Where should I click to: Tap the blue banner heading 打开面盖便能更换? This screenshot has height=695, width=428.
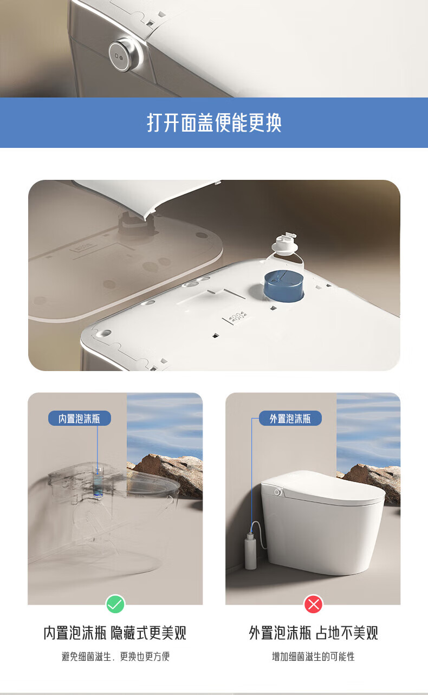(214, 123)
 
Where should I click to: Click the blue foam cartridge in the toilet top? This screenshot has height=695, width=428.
(284, 286)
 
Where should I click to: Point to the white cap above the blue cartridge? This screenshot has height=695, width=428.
(285, 244)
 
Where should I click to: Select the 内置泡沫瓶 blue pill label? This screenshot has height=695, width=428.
(80, 419)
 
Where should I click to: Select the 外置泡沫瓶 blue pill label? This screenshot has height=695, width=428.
(290, 419)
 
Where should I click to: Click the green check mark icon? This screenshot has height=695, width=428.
(115, 604)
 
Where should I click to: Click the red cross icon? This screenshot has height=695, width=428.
(314, 604)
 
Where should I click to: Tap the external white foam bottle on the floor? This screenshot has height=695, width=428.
(250, 551)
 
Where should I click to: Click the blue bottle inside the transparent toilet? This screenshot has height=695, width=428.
(98, 483)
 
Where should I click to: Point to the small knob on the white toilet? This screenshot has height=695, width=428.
(277, 492)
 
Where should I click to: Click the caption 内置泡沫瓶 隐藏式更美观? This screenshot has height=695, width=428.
(115, 633)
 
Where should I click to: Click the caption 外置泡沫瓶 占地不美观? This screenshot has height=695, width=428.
(314, 633)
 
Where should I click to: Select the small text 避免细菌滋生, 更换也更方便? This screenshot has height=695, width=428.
(115, 657)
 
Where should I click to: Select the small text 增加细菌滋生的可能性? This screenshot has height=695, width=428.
(313, 657)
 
